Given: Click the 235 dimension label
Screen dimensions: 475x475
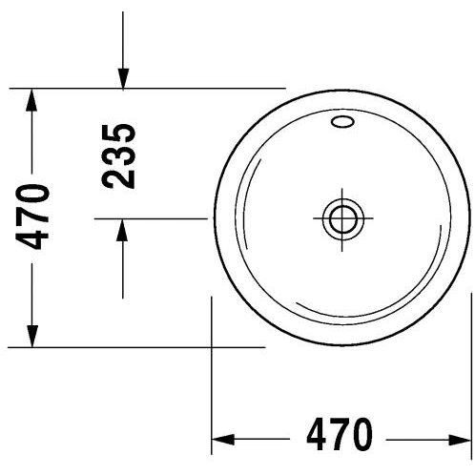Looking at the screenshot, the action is (119, 155).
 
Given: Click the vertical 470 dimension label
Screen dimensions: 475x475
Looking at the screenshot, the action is (32, 217).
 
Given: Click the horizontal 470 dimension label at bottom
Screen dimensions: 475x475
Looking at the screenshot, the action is (339, 435).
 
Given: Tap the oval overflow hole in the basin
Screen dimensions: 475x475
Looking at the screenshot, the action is (342, 122).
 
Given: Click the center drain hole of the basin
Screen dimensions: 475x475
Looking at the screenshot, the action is (342, 219).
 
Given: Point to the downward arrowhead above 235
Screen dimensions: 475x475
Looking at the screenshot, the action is (123, 79).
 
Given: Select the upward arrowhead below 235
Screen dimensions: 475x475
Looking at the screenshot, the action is (122, 230).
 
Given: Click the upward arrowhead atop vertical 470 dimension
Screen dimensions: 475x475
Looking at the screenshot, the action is (31, 100).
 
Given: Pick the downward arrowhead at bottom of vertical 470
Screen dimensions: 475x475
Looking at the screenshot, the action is (31, 336).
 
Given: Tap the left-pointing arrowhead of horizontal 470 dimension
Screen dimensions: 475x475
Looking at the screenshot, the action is (223, 440).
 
